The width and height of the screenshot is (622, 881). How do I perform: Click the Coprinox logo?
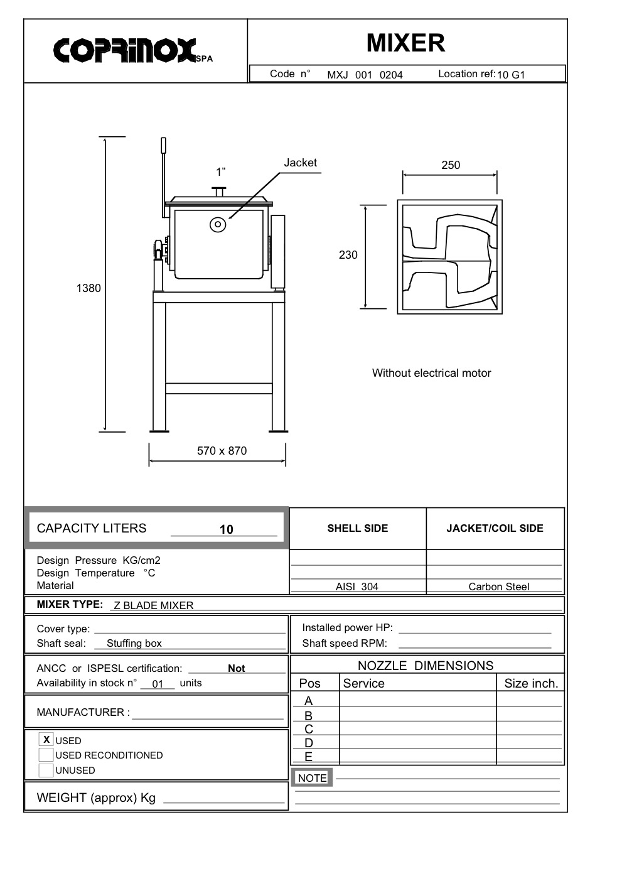click(132, 51)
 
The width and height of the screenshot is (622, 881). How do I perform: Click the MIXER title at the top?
click(405, 43)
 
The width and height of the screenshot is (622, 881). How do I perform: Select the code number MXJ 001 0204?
click(365, 75)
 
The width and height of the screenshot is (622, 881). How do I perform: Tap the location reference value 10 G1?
click(511, 75)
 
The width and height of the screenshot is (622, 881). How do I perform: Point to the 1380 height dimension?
click(88, 288)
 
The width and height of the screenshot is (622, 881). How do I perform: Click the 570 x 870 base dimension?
click(222, 451)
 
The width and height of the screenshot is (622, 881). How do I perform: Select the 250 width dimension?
click(451, 165)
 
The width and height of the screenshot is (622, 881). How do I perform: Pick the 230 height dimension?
click(348, 255)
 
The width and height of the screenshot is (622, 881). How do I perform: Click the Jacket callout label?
click(300, 163)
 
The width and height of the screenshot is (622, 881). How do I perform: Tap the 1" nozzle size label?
click(220, 172)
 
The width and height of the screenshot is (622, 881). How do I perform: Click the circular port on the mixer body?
click(218, 224)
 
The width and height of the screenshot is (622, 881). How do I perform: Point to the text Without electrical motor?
click(431, 373)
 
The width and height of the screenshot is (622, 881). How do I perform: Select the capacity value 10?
click(226, 529)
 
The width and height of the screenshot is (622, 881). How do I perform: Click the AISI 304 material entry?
click(357, 586)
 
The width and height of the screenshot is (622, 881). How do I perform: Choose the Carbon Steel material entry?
click(498, 586)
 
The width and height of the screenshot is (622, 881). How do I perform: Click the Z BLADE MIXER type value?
click(154, 605)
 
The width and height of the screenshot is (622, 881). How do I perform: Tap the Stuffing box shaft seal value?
click(134, 643)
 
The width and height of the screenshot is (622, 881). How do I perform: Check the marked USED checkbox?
click(46, 740)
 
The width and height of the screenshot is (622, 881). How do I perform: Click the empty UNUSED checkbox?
click(46, 770)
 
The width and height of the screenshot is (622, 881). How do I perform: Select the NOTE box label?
click(312, 778)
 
